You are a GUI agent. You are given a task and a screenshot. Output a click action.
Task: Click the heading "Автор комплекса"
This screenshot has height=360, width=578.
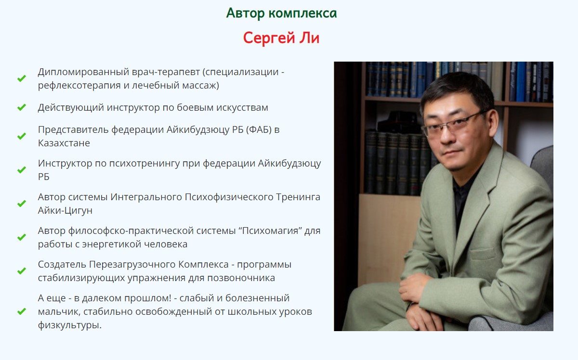point(281,13)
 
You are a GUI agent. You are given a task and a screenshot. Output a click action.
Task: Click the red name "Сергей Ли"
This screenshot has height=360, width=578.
point(281,38)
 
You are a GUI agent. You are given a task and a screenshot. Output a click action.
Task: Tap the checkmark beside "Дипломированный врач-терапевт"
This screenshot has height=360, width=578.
point(22,78)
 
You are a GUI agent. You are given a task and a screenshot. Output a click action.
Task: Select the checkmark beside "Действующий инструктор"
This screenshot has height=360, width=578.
point(22,107)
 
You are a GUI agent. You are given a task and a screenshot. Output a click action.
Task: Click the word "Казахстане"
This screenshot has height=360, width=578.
point(64,143)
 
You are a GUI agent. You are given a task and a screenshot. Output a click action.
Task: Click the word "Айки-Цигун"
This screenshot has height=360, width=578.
point(65,211)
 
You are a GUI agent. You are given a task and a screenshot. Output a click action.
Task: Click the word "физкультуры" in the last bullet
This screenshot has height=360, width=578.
point(70,325)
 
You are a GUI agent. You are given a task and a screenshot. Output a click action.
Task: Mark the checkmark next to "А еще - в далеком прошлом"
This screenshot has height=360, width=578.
point(22,311)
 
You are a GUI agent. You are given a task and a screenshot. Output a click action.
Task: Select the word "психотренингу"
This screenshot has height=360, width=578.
point(144,164)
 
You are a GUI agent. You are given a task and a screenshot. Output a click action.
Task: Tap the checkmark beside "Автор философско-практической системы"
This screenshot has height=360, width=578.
point(22,237)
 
